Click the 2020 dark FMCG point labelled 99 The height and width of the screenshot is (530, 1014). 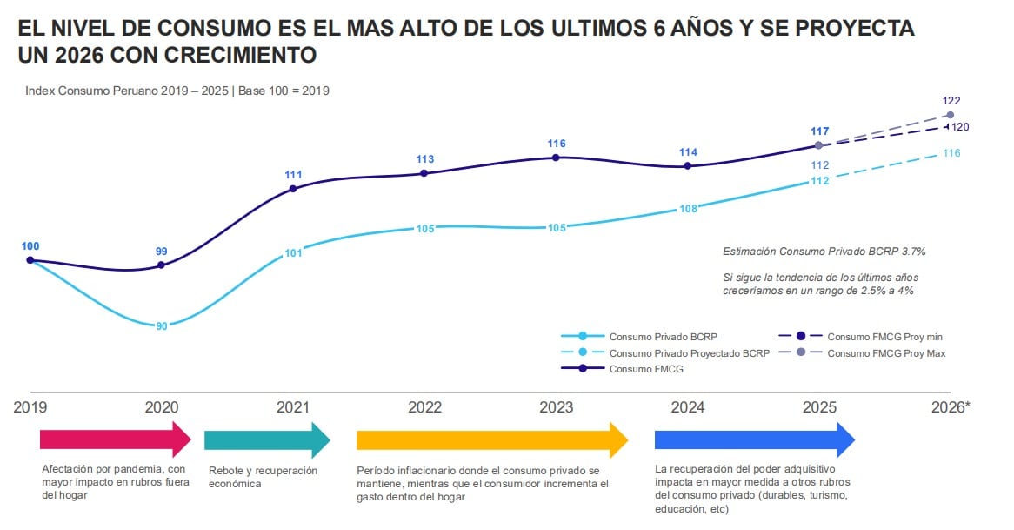[x=162, y=265]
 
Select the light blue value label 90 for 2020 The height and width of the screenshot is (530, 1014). [x=162, y=325]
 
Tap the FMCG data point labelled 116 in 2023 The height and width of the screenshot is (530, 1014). [x=555, y=158]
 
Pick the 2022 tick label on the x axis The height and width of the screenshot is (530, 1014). [x=424, y=407]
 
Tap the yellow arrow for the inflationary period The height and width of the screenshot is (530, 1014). [x=492, y=439]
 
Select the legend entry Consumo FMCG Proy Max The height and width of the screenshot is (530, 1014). [x=885, y=353]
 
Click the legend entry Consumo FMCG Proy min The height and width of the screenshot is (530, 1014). [x=884, y=337]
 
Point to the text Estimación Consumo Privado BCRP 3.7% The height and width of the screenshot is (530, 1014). [x=824, y=252]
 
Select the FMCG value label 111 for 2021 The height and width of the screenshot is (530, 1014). [x=293, y=174]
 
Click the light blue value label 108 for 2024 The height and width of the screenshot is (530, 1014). [x=688, y=209]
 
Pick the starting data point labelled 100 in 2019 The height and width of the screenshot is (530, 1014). [x=30, y=259]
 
